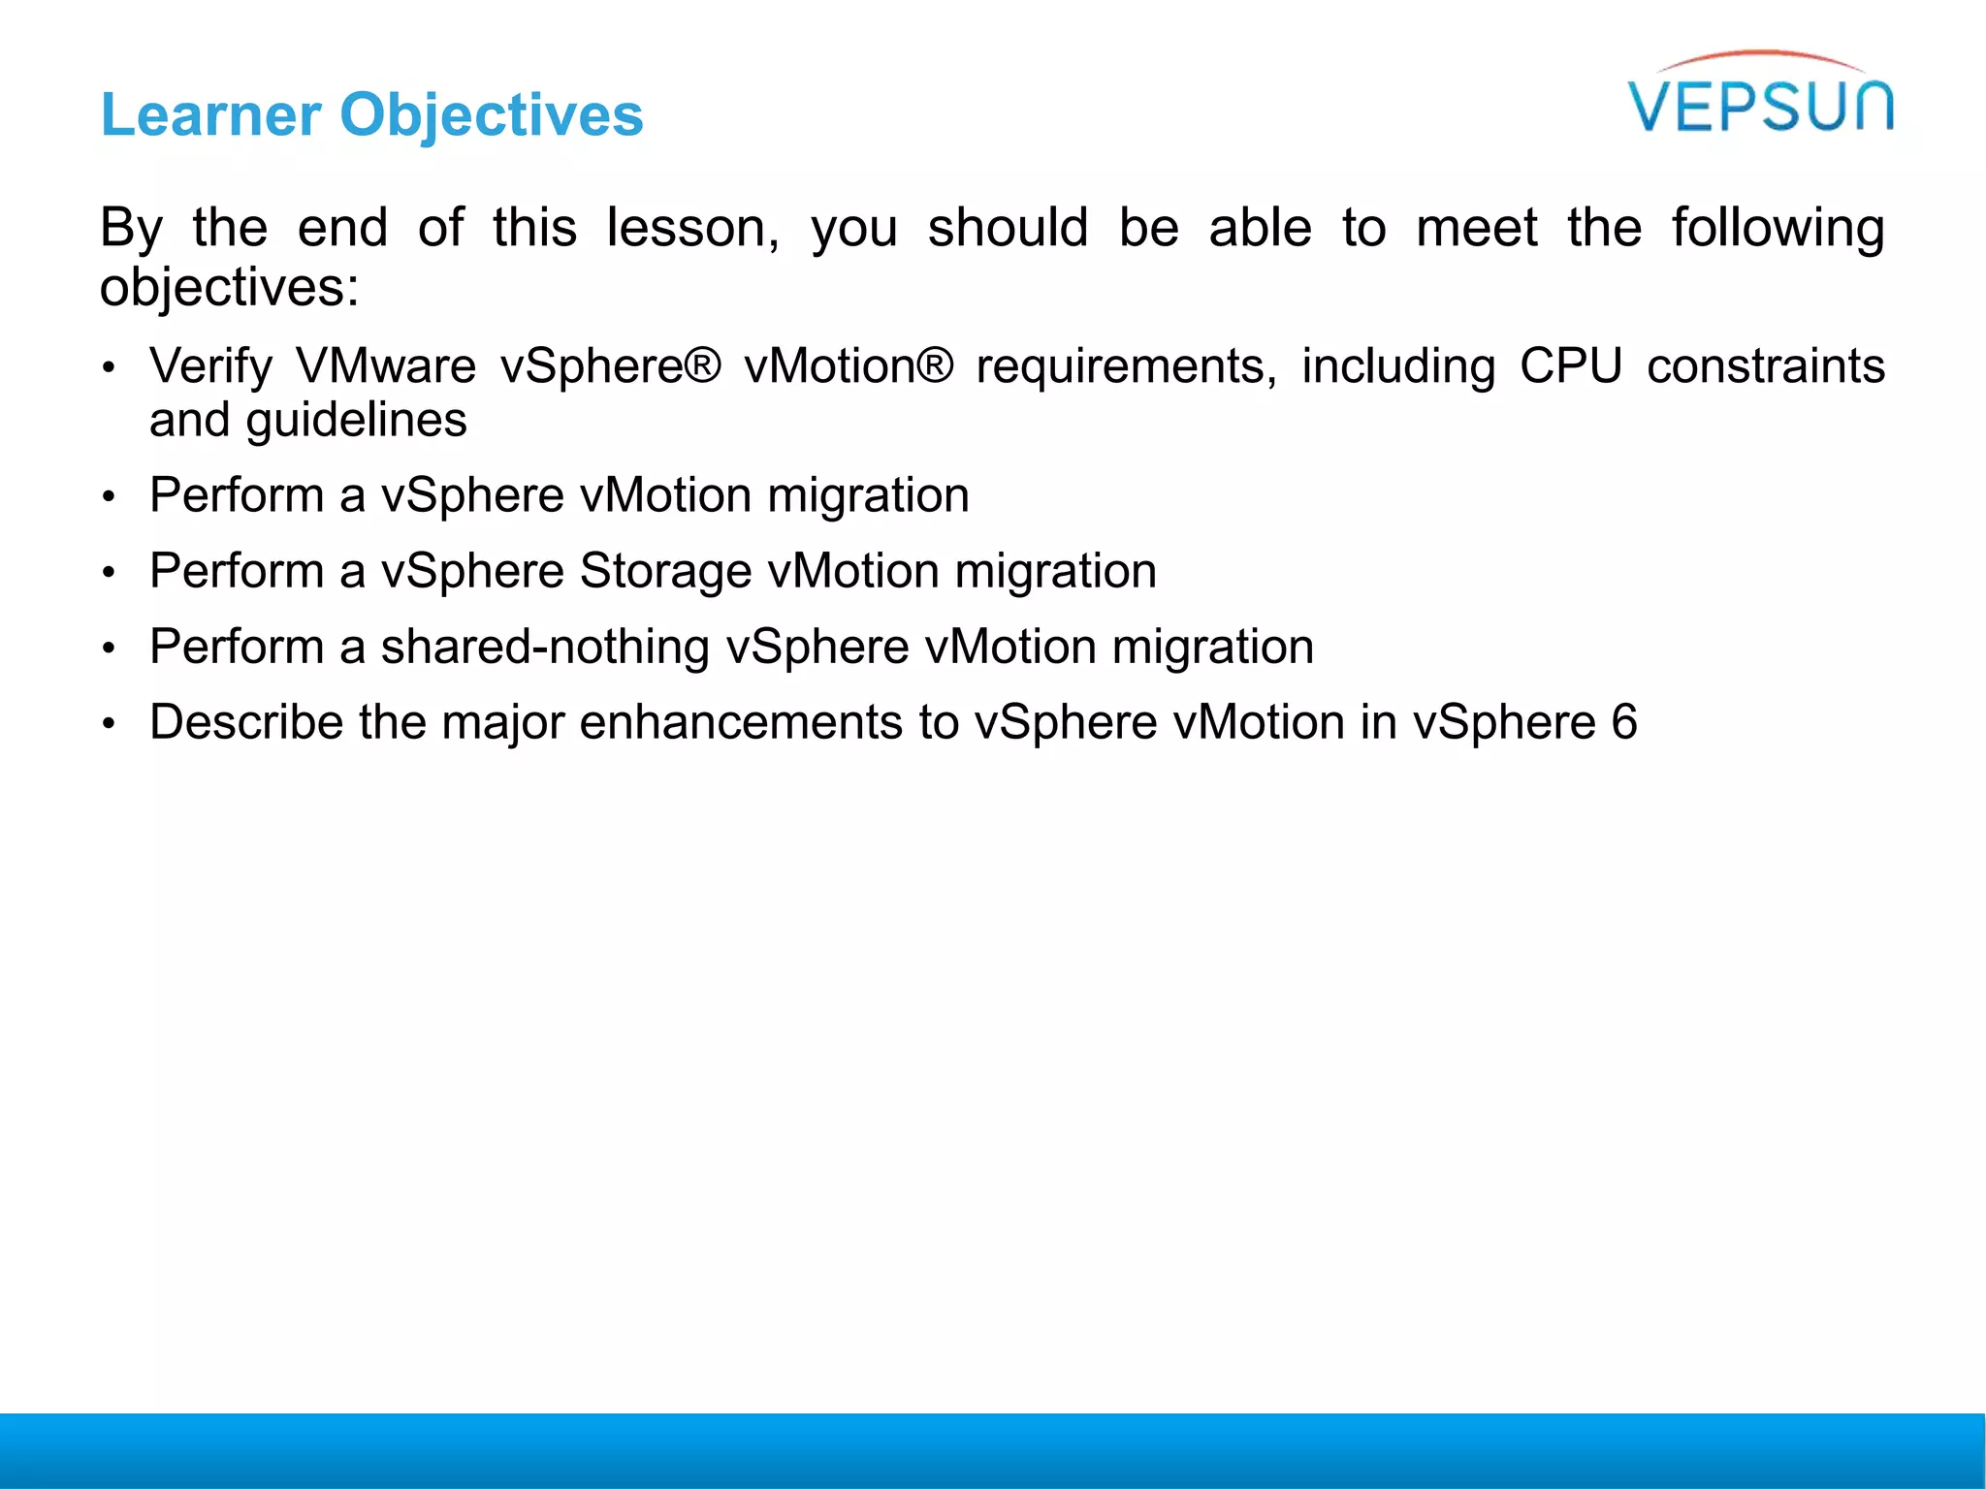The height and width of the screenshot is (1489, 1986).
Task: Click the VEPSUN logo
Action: pos(1760,97)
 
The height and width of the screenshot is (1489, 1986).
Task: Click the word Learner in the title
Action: pos(210,115)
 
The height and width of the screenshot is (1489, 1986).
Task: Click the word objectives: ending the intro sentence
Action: pos(230,288)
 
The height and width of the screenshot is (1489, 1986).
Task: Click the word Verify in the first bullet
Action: pos(210,367)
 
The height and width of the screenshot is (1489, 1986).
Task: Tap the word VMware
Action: pos(386,367)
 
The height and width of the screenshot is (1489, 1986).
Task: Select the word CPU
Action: pos(1570,367)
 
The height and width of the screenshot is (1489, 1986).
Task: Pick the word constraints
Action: pos(1765,367)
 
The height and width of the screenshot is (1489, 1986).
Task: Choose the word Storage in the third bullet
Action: pos(665,571)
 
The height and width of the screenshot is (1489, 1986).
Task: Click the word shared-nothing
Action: pos(545,647)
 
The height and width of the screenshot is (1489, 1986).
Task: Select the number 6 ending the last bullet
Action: pos(1623,722)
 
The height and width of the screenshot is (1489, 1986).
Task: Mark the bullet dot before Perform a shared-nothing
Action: pos(110,649)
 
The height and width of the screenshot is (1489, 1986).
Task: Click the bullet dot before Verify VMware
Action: pos(110,368)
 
